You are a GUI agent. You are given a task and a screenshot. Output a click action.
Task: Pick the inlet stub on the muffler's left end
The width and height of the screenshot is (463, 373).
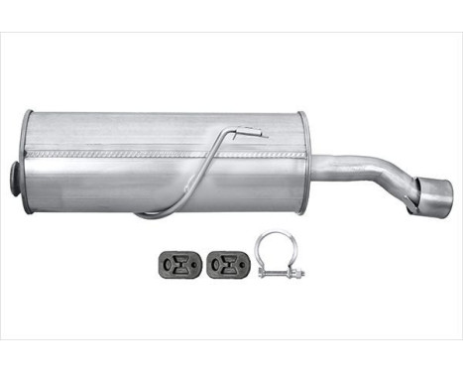click(x=15, y=179)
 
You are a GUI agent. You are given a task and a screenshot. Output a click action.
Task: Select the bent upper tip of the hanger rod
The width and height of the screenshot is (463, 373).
click(x=253, y=131)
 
